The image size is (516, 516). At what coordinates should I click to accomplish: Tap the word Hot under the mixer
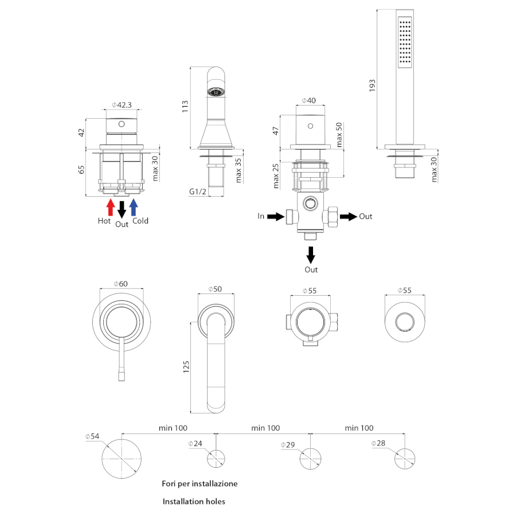pyautogui.click(x=104, y=220)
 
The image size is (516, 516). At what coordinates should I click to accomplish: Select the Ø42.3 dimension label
pyautogui.click(x=122, y=105)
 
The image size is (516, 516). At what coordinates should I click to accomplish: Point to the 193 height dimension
pyautogui.click(x=372, y=85)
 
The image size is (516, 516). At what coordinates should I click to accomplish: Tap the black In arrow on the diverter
pyautogui.click(x=275, y=217)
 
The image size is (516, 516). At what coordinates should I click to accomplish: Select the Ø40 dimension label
pyautogui.click(x=308, y=101)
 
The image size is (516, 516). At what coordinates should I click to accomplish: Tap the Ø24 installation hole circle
pyautogui.click(x=216, y=459)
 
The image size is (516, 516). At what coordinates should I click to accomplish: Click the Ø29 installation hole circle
pyautogui.click(x=311, y=459)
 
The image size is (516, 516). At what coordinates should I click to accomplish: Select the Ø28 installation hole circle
pyautogui.click(x=405, y=459)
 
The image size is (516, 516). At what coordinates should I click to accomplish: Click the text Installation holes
pyautogui.click(x=194, y=502)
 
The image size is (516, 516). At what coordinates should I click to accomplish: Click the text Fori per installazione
pyautogui.click(x=200, y=484)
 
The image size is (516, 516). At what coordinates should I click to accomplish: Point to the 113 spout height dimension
pyautogui.click(x=185, y=106)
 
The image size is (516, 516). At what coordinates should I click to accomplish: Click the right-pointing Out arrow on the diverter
pyautogui.click(x=347, y=217)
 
